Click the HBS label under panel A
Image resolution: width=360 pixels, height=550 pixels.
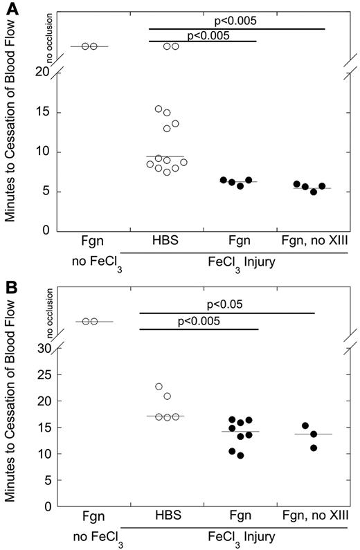click(165, 244)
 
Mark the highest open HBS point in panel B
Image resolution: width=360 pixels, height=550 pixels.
click(159, 387)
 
